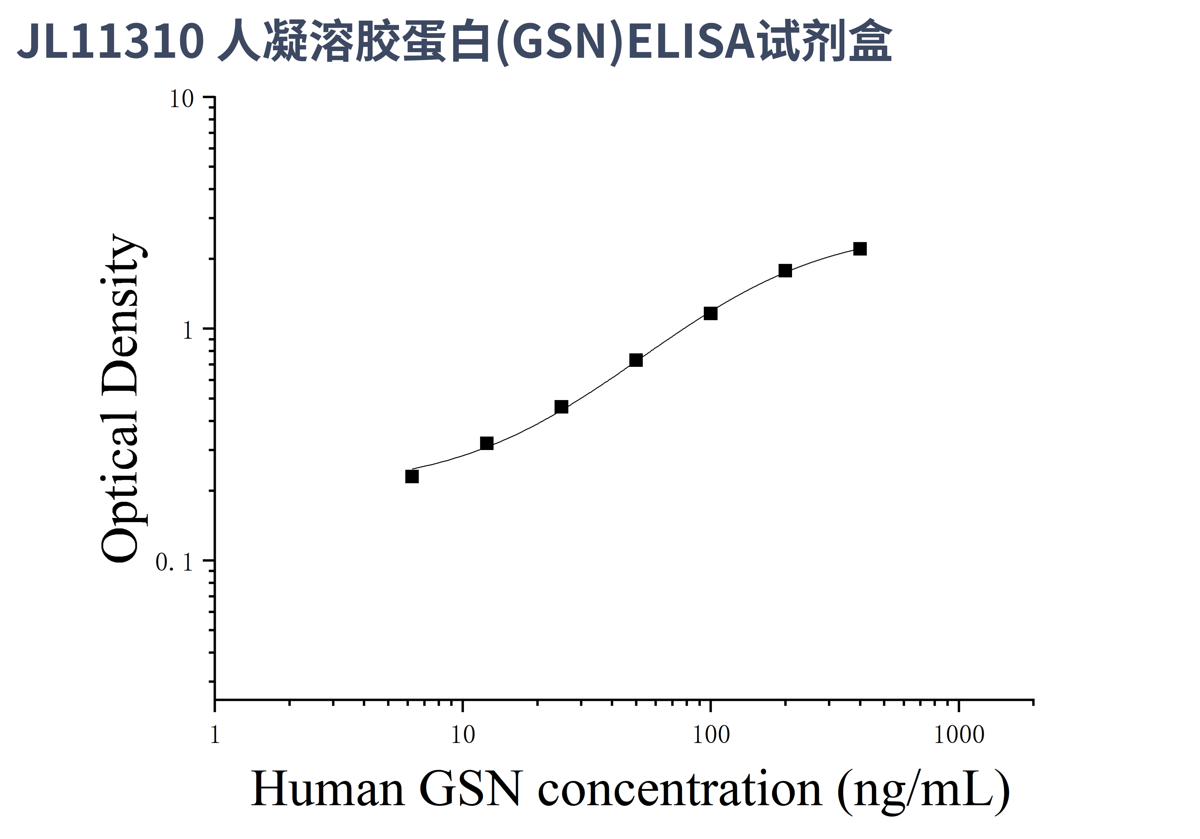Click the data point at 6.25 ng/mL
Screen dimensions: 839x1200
tap(412, 476)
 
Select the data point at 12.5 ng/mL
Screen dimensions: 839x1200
tap(487, 443)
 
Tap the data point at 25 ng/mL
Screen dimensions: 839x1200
tap(561, 407)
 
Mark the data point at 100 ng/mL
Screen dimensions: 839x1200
tap(710, 313)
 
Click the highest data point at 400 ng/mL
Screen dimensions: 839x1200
tap(860, 249)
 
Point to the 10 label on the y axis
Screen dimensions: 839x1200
tap(181, 99)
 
